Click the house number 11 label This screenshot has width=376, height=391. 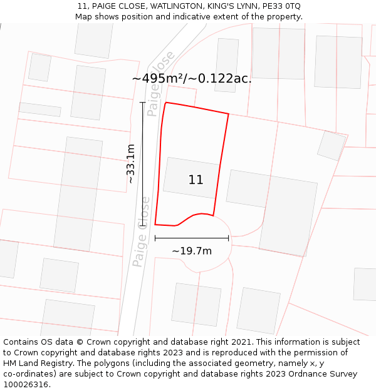click(196, 180)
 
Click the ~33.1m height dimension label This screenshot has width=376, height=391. click(130, 163)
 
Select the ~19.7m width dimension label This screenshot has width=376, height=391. click(192, 251)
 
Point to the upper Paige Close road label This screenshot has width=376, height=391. click(161, 84)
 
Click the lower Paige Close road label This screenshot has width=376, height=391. click(142, 231)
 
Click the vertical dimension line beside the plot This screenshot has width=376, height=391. click(143, 163)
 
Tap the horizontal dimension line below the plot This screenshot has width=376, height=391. click(192, 238)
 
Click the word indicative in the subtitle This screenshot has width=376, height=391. click(199, 17)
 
